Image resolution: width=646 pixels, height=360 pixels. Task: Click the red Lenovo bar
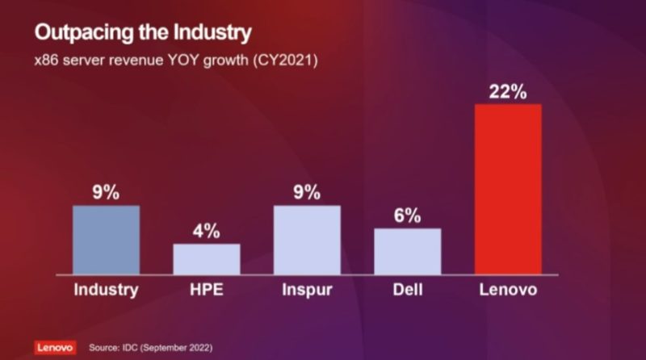(507, 189)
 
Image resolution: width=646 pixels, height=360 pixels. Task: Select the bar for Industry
(106, 240)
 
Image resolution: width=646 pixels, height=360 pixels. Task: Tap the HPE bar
(206, 258)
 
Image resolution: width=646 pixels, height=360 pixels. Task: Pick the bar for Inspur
(307, 240)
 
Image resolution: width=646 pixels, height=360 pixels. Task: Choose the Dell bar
(407, 251)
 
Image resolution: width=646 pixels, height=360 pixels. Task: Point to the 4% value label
(206, 231)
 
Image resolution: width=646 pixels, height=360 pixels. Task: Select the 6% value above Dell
(407, 216)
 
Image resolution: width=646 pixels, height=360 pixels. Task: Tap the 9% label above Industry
(106, 193)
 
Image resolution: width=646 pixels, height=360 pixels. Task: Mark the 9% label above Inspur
(307, 193)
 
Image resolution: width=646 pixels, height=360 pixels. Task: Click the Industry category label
(106, 290)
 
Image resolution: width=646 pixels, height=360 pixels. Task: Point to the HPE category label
(206, 290)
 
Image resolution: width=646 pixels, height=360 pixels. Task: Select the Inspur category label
(307, 290)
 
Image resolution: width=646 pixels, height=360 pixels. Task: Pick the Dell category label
(407, 290)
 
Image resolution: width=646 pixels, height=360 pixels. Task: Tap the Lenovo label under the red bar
(507, 290)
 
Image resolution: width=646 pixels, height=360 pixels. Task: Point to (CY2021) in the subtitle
(288, 61)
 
